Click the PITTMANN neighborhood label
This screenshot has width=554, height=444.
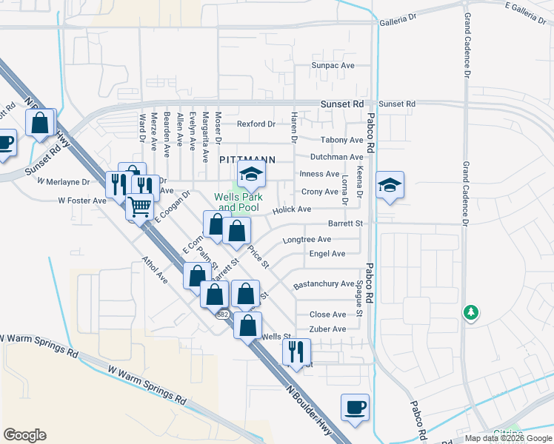click(247, 159)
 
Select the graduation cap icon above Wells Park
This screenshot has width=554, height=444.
click(251, 176)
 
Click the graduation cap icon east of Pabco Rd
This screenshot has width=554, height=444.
click(390, 185)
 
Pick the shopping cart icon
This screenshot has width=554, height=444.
click(138, 206)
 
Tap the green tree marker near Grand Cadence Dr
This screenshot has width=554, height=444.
click(470, 312)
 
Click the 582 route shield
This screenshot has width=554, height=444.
click(222, 314)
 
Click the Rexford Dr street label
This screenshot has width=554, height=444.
click(256, 124)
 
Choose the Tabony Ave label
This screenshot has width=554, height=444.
click(341, 140)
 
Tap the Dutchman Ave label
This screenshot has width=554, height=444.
click(336, 157)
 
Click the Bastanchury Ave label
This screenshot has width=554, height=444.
click(324, 284)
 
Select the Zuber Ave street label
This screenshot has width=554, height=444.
click(327, 329)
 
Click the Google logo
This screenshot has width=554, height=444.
click(24, 435)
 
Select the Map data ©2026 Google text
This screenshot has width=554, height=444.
click(507, 438)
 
